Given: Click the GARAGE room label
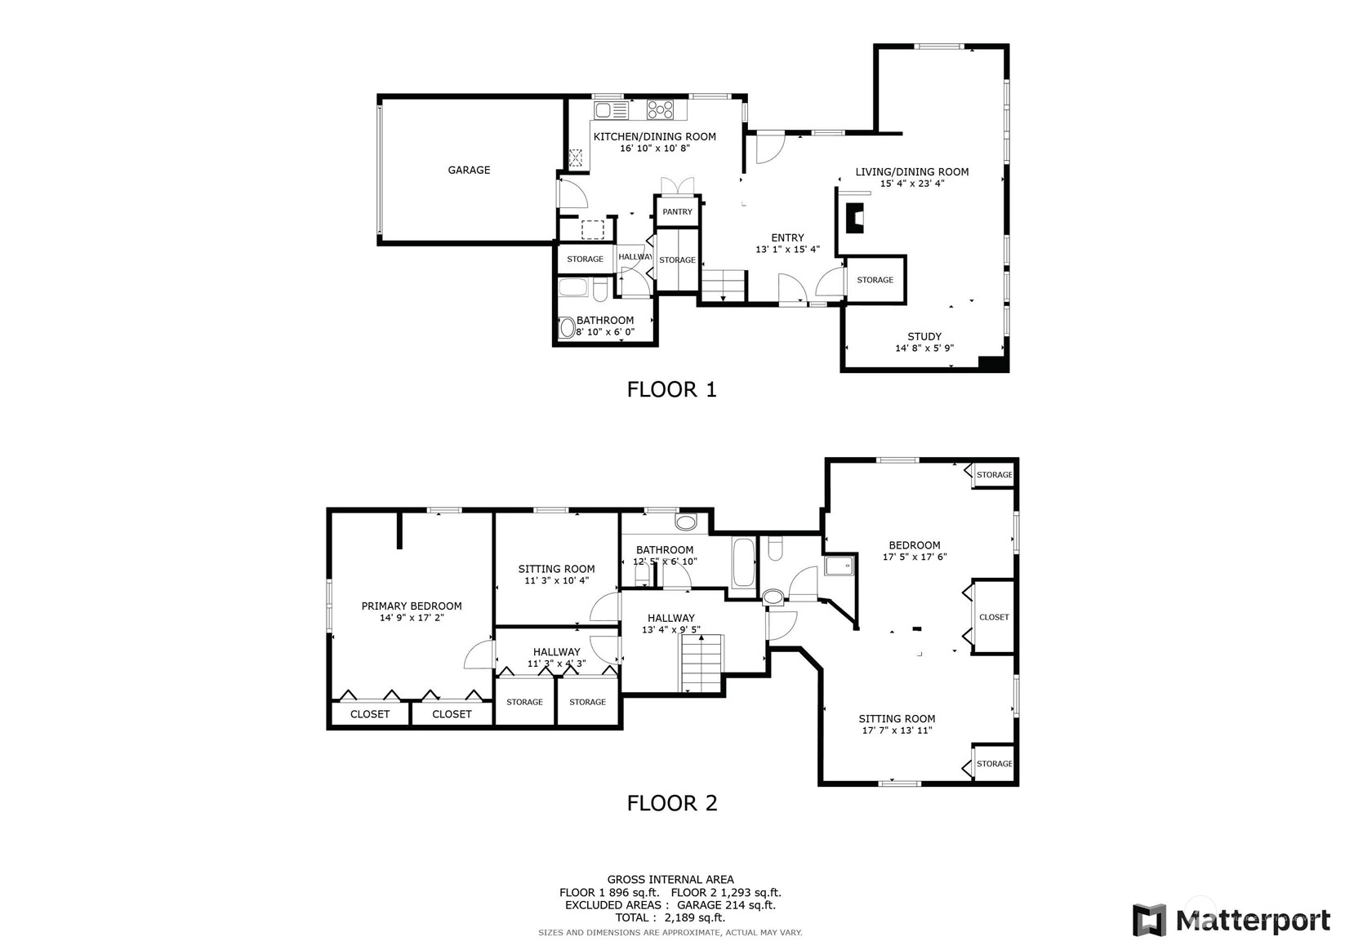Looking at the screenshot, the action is pos(469,170).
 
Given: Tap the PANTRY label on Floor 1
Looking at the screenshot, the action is pos(677,212).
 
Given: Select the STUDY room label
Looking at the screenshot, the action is pos(924,337).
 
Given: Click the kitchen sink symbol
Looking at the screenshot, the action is pos(612,110).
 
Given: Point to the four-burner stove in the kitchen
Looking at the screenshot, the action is pos(660,110).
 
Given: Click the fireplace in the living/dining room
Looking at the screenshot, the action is pos(855,218).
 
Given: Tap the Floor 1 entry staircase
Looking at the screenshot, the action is pos(724,286).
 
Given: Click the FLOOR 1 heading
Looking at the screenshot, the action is pos(672,389).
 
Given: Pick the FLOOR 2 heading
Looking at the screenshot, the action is pos(672,803).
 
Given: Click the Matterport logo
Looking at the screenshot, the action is pos(1231,920).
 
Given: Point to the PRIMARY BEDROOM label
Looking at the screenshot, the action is pos(412,606).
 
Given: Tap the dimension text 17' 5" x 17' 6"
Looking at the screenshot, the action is pos(915,557).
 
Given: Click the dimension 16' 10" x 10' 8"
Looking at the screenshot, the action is pos(655,149).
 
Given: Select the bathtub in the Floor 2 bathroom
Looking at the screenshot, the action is pos(743,562).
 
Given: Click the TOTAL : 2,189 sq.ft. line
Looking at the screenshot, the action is pos(670,917).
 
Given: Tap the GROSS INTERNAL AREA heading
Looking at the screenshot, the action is pos(670,880).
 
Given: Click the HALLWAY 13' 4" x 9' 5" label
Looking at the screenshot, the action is pos(671,624).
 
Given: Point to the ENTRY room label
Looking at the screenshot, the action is pos(787,237).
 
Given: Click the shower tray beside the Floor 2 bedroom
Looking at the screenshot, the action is pos(839,566).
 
